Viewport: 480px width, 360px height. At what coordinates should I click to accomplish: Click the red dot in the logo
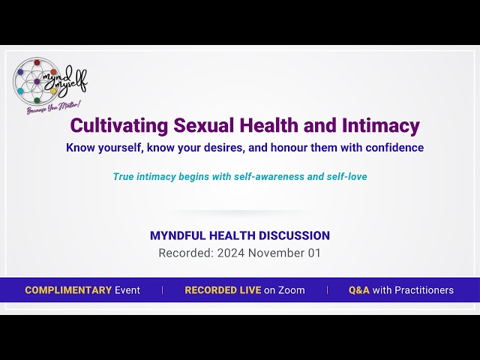click(37, 63)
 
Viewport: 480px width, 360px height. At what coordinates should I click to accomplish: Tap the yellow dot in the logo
click(53, 91)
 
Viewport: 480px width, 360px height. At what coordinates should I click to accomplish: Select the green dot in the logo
click(37, 100)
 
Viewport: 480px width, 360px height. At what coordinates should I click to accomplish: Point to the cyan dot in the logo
click(20, 91)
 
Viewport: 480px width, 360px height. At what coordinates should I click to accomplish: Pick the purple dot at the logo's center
click(37, 82)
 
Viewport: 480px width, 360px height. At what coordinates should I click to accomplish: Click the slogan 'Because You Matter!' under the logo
click(54, 108)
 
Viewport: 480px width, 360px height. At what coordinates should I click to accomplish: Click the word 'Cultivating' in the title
click(119, 125)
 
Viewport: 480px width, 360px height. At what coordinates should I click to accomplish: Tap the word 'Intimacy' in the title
click(380, 126)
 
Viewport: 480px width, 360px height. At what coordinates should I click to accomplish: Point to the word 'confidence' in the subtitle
click(394, 148)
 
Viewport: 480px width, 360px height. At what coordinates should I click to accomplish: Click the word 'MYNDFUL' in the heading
click(178, 235)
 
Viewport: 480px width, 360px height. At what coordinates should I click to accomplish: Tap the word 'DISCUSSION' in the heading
click(294, 235)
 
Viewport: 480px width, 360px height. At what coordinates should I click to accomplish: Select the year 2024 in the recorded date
click(231, 253)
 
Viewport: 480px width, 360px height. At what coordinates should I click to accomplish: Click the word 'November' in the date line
click(276, 253)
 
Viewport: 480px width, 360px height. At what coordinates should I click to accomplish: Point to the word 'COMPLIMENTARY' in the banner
click(68, 290)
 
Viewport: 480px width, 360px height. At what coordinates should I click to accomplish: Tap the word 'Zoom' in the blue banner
click(292, 290)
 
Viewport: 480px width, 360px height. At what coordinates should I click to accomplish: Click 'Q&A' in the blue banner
click(358, 290)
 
